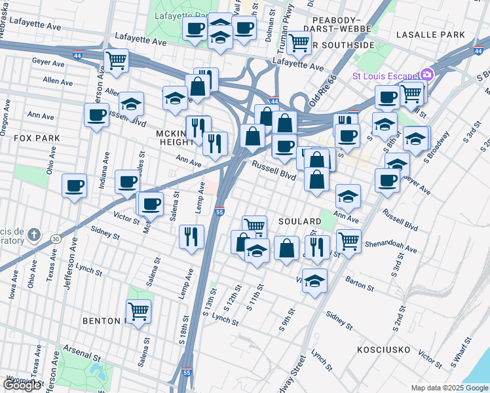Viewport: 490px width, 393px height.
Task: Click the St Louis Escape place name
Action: click(386, 75)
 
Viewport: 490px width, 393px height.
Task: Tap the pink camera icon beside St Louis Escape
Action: click(427, 75)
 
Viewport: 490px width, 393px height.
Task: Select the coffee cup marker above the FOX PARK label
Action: click(96, 115)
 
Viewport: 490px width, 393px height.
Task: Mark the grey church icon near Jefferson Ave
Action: click(36, 234)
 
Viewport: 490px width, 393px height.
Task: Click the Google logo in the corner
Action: click(23, 384)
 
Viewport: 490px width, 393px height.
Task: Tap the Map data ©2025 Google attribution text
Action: click(449, 388)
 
